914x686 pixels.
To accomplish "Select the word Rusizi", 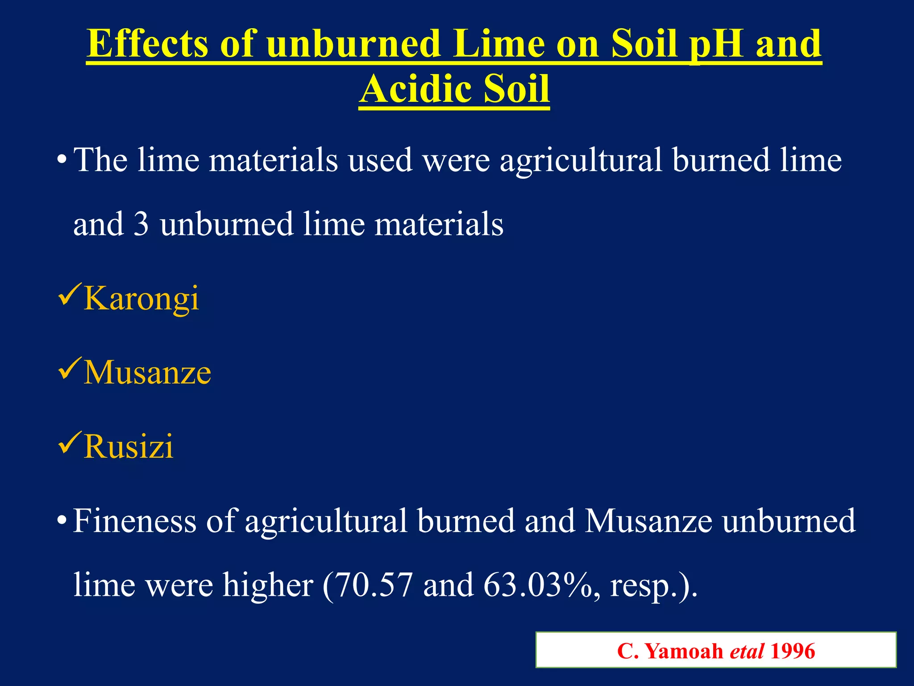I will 129,447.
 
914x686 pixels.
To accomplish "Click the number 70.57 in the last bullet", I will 374,585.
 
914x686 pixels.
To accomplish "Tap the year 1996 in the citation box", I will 793,651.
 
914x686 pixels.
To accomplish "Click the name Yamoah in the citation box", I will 684,651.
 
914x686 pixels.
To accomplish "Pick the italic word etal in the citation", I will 747,651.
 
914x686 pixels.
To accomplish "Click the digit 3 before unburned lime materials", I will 141,224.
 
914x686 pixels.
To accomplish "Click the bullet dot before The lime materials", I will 62,160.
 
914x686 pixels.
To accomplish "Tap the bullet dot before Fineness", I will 62,521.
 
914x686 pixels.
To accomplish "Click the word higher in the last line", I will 268,585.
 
